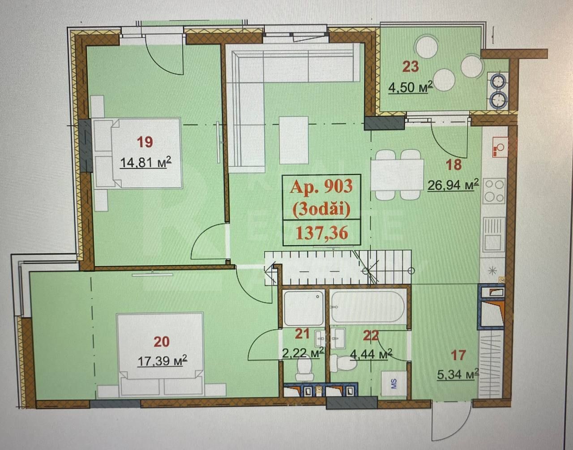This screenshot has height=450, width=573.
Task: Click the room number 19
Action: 145,142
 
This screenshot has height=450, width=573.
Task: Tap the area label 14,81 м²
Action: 146,162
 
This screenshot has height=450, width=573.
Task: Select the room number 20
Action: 162,342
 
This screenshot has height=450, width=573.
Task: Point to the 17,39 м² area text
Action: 162,361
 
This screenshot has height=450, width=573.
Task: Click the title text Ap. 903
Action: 321,187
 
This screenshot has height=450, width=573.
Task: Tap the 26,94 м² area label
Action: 453,185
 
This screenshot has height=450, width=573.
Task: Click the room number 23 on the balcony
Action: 411,66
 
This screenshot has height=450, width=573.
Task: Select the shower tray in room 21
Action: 304,308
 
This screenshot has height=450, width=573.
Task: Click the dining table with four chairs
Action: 398,175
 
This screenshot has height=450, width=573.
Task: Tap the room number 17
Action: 458,355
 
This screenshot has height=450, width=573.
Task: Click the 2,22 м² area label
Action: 303,352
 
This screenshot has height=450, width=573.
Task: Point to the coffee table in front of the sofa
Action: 294,140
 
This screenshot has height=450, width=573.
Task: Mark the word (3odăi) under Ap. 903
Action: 321,209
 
